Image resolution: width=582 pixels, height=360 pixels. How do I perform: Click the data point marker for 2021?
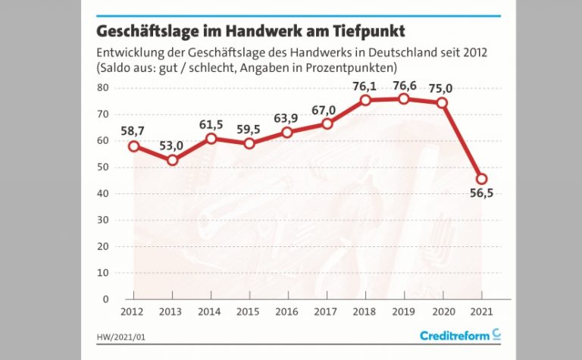pyautogui.click(x=482, y=179)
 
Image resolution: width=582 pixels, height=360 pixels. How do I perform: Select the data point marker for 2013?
pyautogui.click(x=172, y=160)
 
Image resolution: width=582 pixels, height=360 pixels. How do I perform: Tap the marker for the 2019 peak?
pyautogui.click(x=405, y=99)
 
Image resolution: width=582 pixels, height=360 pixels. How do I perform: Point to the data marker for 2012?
pyautogui.click(x=133, y=146)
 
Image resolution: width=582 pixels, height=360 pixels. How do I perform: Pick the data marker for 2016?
pyautogui.click(x=288, y=132)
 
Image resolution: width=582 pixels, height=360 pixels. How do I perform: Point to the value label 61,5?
pyautogui.click(x=212, y=124)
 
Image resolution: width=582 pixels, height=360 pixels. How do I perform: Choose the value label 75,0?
pyautogui.click(x=443, y=87)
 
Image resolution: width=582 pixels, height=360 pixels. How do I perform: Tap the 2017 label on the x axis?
pyautogui.click(x=327, y=311)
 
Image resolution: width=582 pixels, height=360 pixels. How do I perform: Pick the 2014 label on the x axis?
pyautogui.click(x=211, y=311)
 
